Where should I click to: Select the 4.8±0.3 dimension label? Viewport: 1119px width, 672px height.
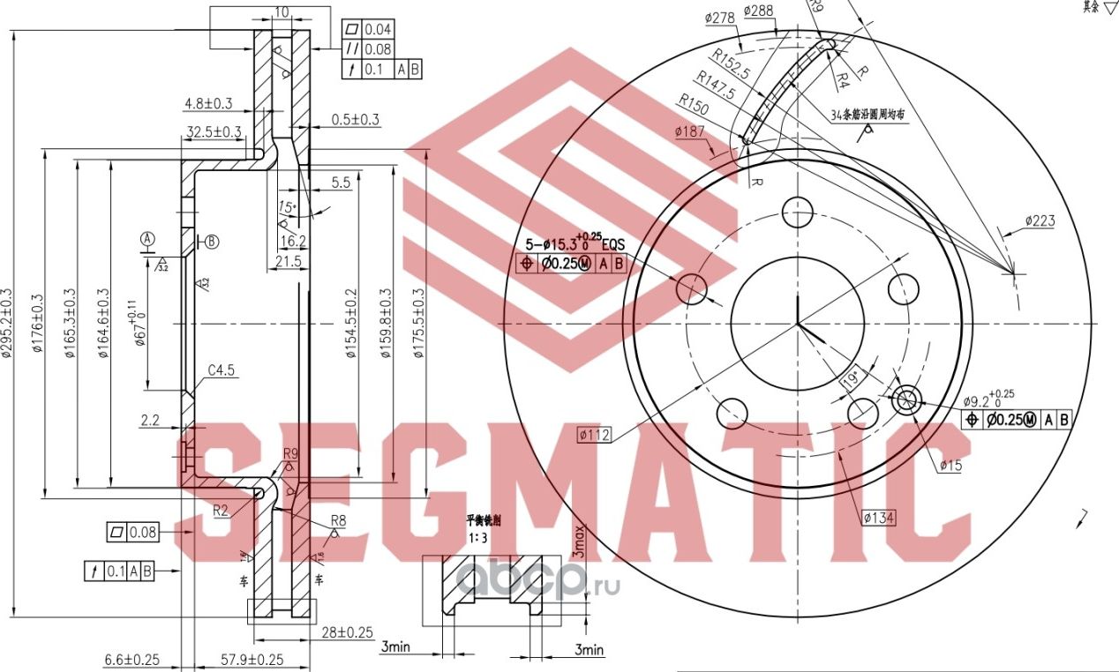pos(207,103)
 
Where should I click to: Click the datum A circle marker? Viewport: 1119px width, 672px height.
pos(147,239)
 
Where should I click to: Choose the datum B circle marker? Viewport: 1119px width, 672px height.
pos(212,241)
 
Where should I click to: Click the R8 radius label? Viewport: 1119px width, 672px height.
pos(338,520)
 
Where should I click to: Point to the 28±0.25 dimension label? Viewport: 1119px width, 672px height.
pos(348,632)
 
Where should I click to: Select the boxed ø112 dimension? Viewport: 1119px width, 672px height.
pos(597,434)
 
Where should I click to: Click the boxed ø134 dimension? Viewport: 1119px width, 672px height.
pos(879,518)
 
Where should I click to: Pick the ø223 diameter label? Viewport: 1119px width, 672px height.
pos(1040,220)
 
